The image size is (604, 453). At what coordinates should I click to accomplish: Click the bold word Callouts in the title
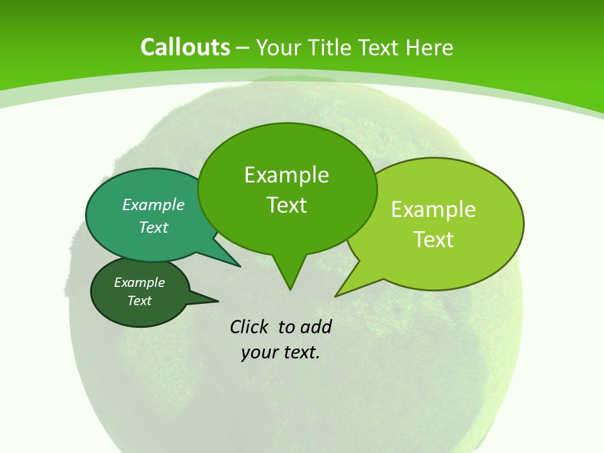[x=185, y=47]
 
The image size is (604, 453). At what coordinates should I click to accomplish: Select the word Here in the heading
[x=430, y=47]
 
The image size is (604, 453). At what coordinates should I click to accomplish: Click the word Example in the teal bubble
[x=154, y=204]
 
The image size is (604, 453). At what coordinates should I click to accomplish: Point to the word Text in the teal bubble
[x=154, y=227]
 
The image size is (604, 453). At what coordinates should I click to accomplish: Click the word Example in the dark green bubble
[x=140, y=282]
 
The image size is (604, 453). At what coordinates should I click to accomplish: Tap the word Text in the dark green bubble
[x=140, y=301]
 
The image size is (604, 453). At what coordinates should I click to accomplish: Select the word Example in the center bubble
[x=286, y=175]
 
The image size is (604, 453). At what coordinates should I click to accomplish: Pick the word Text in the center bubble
[x=286, y=205]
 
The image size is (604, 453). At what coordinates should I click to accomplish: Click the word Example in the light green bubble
[x=433, y=210]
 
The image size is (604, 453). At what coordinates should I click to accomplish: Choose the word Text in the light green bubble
[x=433, y=240]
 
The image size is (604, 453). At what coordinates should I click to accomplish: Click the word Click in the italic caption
[x=250, y=327]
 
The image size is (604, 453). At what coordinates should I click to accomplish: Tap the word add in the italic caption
[x=316, y=327]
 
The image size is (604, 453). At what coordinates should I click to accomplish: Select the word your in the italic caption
[x=259, y=352]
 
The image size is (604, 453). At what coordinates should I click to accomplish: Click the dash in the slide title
[x=243, y=48]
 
